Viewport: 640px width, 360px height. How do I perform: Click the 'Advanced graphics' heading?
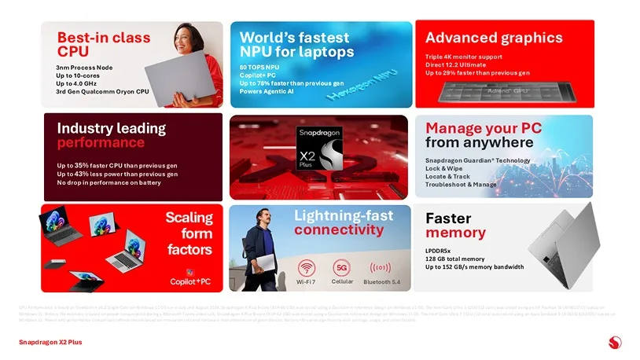coord(494,38)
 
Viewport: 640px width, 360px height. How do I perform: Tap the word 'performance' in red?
coord(101,143)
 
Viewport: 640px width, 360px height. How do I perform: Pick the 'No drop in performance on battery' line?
coord(109,183)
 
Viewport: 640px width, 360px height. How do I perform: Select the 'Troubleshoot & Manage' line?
coord(461,184)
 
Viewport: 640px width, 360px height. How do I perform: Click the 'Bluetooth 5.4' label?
coord(381,281)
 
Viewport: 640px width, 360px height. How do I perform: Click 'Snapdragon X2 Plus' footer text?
coord(50,342)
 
